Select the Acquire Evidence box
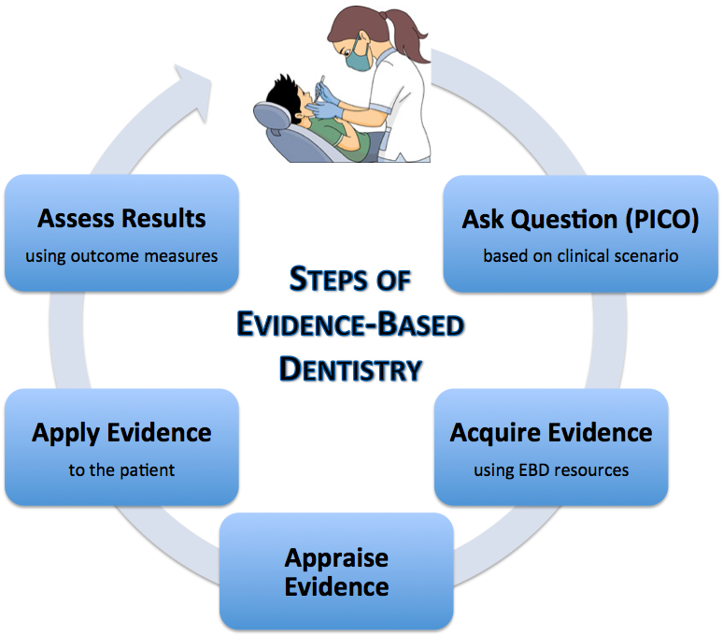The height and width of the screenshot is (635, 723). (551, 447)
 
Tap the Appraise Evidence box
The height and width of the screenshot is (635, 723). (336, 571)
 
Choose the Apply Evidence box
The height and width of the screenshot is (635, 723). (121, 447)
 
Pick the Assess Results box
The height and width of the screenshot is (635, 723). (121, 233)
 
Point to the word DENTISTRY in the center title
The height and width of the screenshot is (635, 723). (350, 368)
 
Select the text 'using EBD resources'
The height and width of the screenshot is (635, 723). (551, 469)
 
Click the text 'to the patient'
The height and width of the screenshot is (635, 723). (121, 469)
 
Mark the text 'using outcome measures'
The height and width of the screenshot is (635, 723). (121, 255)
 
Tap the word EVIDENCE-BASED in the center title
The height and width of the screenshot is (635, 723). (350, 325)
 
